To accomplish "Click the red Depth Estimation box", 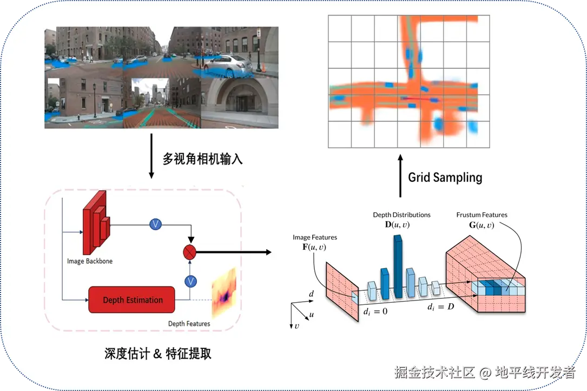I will pos(132,300).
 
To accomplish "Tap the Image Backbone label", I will pos(90,261).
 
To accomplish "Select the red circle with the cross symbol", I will pos(190,251).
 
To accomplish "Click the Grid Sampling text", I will pos(445,177).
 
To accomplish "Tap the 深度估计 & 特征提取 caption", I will pos(158,354).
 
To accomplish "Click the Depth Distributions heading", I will pos(401,215).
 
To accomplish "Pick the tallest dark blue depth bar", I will pos(398,268).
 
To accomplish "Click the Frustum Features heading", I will pos(482,215).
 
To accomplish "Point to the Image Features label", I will pos(314,237).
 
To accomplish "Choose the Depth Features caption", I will pos(189,324).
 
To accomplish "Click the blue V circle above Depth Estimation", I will pos(190,281).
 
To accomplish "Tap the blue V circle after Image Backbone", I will pos(156,224).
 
